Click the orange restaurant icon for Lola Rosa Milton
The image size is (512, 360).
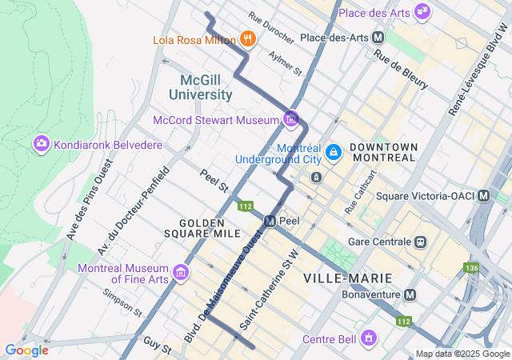[247, 39]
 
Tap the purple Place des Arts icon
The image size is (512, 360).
[422, 13]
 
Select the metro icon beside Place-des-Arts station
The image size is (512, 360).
[378, 38]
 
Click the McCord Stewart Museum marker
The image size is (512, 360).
[291, 120]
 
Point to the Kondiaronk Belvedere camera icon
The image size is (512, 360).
[40, 144]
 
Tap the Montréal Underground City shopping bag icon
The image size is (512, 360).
[334, 151]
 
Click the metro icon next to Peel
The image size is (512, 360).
[270, 220]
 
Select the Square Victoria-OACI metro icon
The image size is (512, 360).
[484, 195]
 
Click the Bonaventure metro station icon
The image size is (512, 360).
[410, 294]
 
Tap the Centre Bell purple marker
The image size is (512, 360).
[368, 339]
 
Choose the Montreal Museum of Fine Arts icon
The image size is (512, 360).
[182, 274]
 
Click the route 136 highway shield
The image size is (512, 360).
[473, 267]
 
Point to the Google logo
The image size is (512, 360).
[26, 350]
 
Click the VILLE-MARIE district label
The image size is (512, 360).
[348, 278]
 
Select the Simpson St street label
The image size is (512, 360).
[122, 302]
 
